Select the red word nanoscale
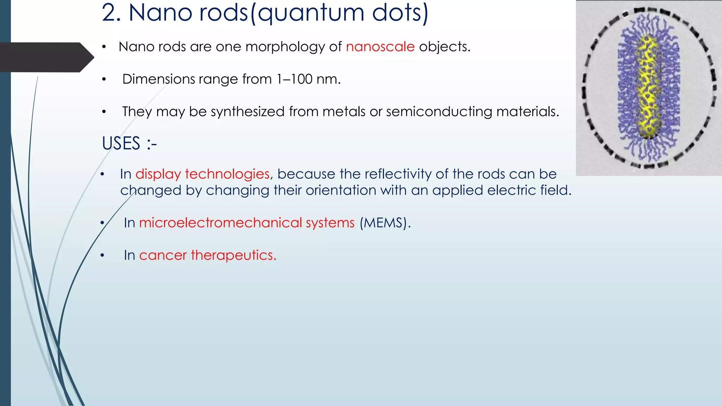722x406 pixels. click(380, 47)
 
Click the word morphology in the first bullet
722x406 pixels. click(285, 47)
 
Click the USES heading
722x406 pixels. click(121, 143)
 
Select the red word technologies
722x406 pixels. click(227, 174)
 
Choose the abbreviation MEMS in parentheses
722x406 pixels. click(385, 223)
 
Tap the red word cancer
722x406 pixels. click(163, 255)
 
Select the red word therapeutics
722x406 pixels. click(233, 255)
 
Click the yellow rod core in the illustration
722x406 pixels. click(648, 88)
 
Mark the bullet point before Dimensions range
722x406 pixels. click(104, 80)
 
